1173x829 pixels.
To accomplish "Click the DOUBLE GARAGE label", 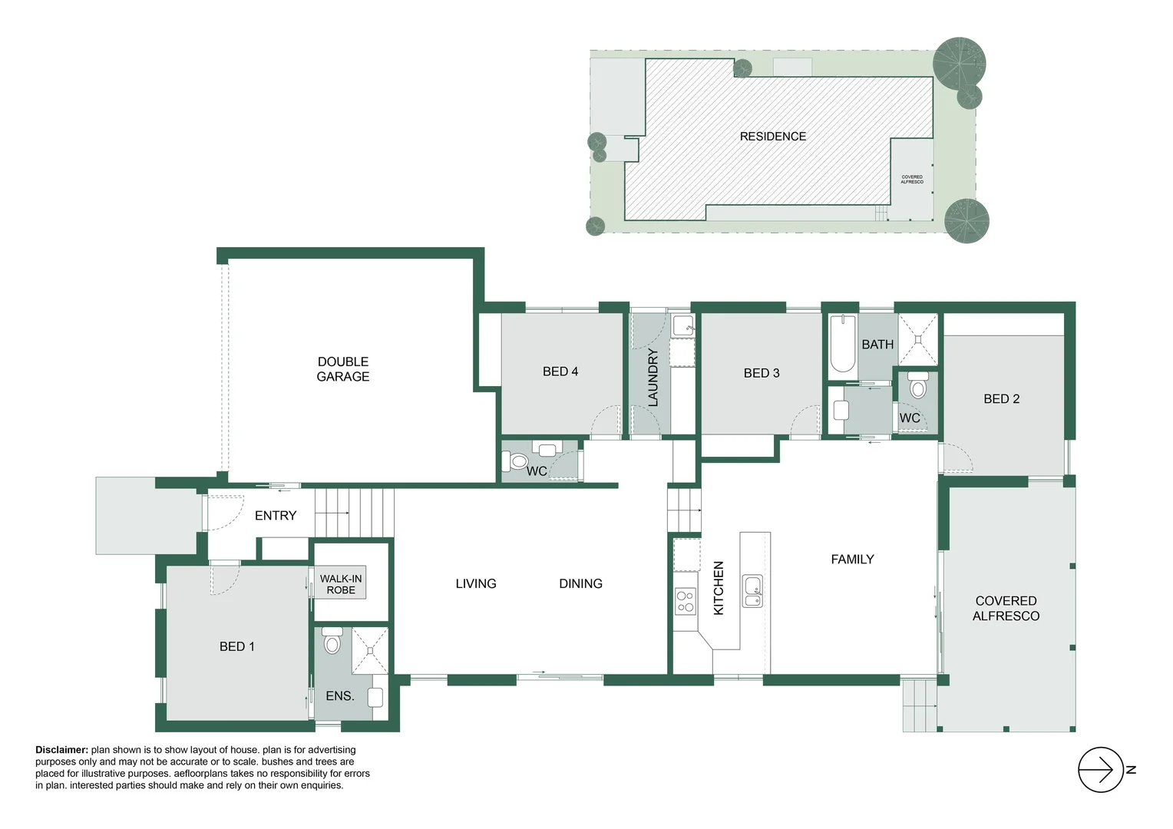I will [x=343, y=369].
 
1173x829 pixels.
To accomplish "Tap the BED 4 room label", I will [x=560, y=372].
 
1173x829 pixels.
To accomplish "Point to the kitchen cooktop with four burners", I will [x=685, y=601].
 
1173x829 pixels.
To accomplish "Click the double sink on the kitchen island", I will [x=753, y=590].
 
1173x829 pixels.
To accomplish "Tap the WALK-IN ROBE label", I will [x=341, y=584].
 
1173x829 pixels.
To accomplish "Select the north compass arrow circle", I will [x=1101, y=770].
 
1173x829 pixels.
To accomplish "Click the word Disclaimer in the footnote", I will [x=61, y=750].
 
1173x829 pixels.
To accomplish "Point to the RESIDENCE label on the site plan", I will [x=772, y=137].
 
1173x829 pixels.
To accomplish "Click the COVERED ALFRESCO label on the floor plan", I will [x=1006, y=609].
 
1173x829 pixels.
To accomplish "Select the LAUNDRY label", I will [x=653, y=377].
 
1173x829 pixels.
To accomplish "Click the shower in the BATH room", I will [x=918, y=339].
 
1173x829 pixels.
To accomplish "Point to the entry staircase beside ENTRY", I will [x=354, y=513].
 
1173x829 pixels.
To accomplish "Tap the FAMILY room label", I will [x=852, y=560].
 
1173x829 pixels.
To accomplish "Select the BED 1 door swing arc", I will [x=225, y=579].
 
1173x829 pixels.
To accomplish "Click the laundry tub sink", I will [x=682, y=325].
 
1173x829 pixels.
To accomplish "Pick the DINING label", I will [x=580, y=584].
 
